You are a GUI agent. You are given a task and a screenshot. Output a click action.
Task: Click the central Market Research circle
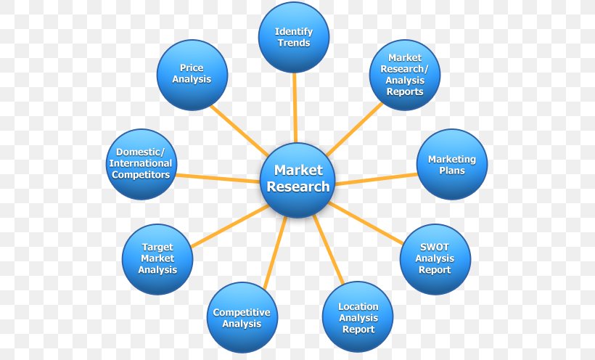click(x=297, y=179)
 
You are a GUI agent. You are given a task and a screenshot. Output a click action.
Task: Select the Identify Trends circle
click(x=294, y=37)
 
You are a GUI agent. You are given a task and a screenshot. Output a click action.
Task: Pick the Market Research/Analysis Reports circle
click(x=405, y=75)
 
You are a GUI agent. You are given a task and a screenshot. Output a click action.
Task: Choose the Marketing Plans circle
click(x=452, y=165)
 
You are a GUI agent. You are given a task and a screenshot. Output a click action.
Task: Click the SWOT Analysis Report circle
click(x=435, y=258)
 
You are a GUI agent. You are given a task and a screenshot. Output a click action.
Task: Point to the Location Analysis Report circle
click(x=358, y=317)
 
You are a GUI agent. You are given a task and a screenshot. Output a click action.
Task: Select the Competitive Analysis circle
click(x=242, y=318)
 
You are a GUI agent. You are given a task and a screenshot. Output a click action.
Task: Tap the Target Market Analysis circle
click(x=157, y=259)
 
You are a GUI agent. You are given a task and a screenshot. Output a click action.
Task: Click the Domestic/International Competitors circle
click(x=141, y=164)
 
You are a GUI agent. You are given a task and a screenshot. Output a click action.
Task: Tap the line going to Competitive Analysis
click(x=274, y=250)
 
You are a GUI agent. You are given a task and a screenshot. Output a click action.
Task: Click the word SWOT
click(x=435, y=247)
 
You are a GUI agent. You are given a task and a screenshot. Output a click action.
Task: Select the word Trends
click(x=294, y=43)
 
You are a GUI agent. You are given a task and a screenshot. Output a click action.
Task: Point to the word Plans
click(x=452, y=171)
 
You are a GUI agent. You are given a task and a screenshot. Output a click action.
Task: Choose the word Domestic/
click(x=141, y=152)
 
